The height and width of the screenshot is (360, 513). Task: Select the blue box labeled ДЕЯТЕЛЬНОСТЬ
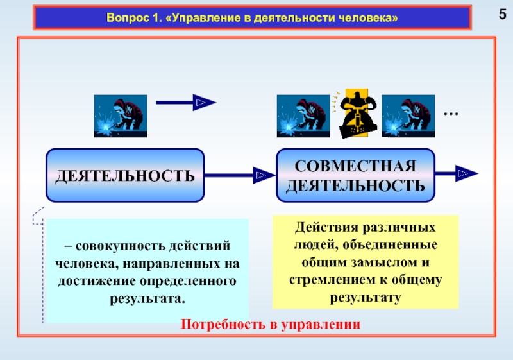(125, 174)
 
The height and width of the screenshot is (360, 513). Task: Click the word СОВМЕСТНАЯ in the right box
(355, 166)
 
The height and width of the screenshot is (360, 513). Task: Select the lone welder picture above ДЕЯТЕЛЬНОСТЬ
(121, 116)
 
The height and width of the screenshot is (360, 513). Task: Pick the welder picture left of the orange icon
(303, 116)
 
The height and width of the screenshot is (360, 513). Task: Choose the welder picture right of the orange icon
(408, 116)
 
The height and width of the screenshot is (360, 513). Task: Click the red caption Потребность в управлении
(271, 323)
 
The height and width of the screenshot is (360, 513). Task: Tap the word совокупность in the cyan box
(114, 247)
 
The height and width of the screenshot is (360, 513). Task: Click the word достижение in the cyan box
(92, 282)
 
